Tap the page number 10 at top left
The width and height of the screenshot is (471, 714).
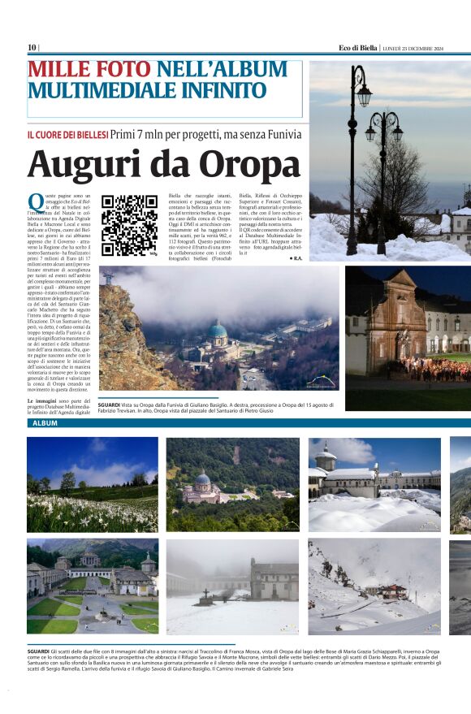click(x=32, y=47)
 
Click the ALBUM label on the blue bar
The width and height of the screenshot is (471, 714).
click(x=45, y=424)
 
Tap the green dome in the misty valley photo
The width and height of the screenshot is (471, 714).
click(x=218, y=331)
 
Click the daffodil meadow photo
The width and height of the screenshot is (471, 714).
click(x=93, y=484)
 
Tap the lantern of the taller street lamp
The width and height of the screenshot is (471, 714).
click(x=363, y=95)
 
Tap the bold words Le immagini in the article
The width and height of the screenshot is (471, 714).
click(x=42, y=402)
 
